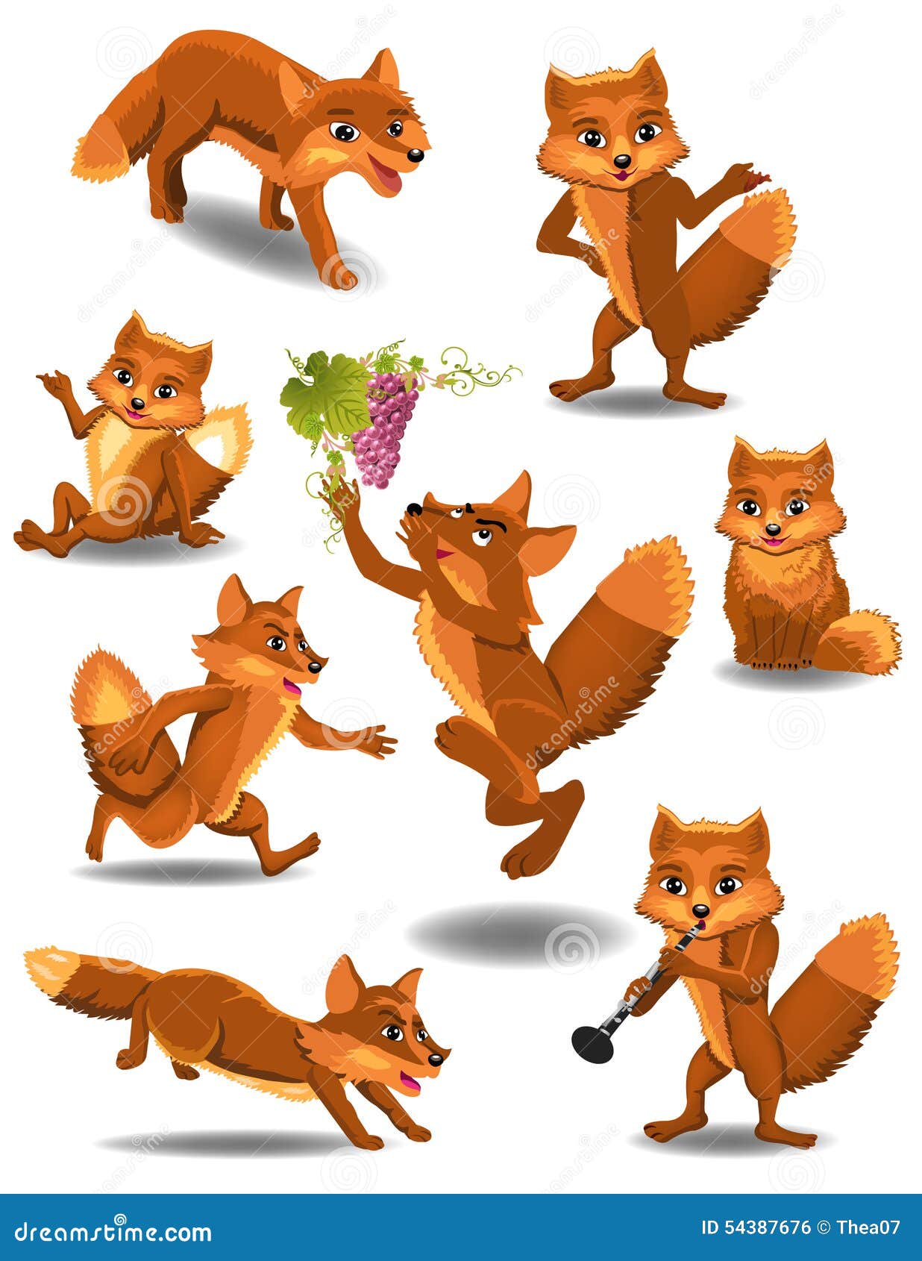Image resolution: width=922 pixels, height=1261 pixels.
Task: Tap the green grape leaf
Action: click(325, 396)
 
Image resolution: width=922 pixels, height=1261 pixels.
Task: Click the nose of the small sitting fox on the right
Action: click(773, 529)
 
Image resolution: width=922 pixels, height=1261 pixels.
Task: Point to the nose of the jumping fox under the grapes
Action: click(413, 510)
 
